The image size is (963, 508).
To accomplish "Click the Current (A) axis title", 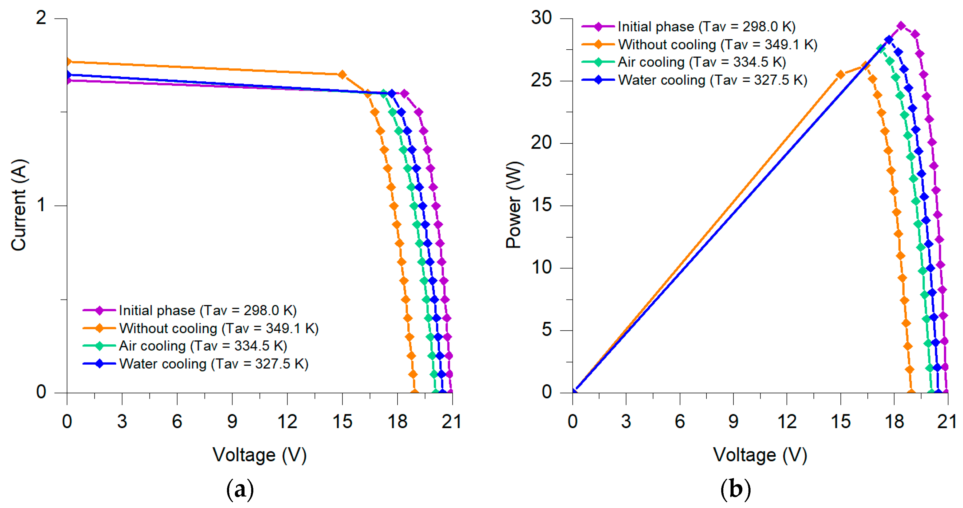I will (19, 205).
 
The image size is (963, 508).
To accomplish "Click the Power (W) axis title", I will (514, 205).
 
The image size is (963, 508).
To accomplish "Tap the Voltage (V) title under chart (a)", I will (259, 455).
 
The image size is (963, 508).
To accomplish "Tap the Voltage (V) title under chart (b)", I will (760, 455).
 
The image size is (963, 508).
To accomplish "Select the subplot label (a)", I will (240, 489).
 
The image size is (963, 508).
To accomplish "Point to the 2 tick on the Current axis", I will (41, 18).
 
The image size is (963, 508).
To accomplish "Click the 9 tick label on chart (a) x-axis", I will (232, 422).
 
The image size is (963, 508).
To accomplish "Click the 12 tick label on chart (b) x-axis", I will (787, 422).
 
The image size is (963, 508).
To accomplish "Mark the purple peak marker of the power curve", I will (901, 26).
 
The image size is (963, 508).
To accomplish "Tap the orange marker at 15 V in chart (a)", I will (342, 75).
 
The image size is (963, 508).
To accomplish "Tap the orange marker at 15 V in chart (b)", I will (840, 74).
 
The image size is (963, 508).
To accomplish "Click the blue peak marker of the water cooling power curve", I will (889, 40).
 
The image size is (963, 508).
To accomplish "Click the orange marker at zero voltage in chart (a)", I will (68, 62).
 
